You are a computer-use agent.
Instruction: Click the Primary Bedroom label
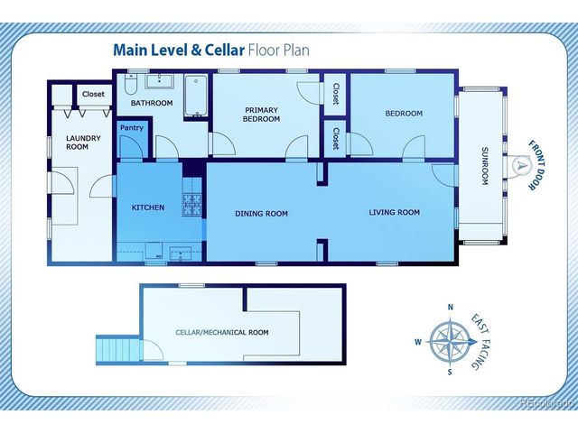click(263, 115)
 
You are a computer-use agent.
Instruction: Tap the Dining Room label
click(261, 214)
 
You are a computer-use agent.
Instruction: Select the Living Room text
click(395, 213)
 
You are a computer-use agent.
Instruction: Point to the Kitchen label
click(148, 207)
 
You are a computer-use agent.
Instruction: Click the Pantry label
click(131, 128)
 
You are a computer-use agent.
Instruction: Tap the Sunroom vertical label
click(484, 165)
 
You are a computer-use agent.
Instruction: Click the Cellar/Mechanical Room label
click(221, 332)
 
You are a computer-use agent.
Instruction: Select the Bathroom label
click(151, 103)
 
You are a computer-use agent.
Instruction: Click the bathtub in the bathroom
click(196, 97)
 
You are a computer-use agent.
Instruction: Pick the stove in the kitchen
click(193, 205)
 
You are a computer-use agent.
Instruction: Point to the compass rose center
click(449, 341)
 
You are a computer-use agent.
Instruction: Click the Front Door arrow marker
click(521, 165)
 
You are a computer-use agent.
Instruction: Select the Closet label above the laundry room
click(93, 94)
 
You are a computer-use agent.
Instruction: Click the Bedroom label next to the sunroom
click(404, 114)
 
